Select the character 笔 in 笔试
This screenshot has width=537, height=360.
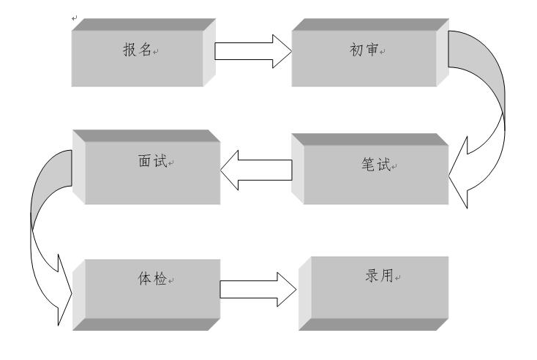367,166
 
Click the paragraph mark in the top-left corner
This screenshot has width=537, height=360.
74,17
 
